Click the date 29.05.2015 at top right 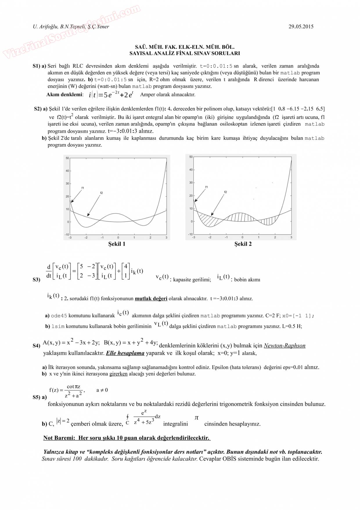(301, 26)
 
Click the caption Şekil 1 (117, 244)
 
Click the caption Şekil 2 (243, 244)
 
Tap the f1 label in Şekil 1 (83, 188)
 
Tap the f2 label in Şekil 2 (226, 192)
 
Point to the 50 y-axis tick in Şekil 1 (67, 158)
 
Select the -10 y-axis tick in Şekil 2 (190, 234)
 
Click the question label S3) (36, 280)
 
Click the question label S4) (36, 346)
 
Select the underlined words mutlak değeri (151, 298)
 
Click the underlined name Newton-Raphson (285, 346)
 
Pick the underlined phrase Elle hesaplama (125, 353)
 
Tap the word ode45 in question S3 (59, 316)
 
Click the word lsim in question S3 (58, 326)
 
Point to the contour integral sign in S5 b (127, 418)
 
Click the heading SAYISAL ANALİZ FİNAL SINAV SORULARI (185, 53)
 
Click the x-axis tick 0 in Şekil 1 (118, 237)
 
